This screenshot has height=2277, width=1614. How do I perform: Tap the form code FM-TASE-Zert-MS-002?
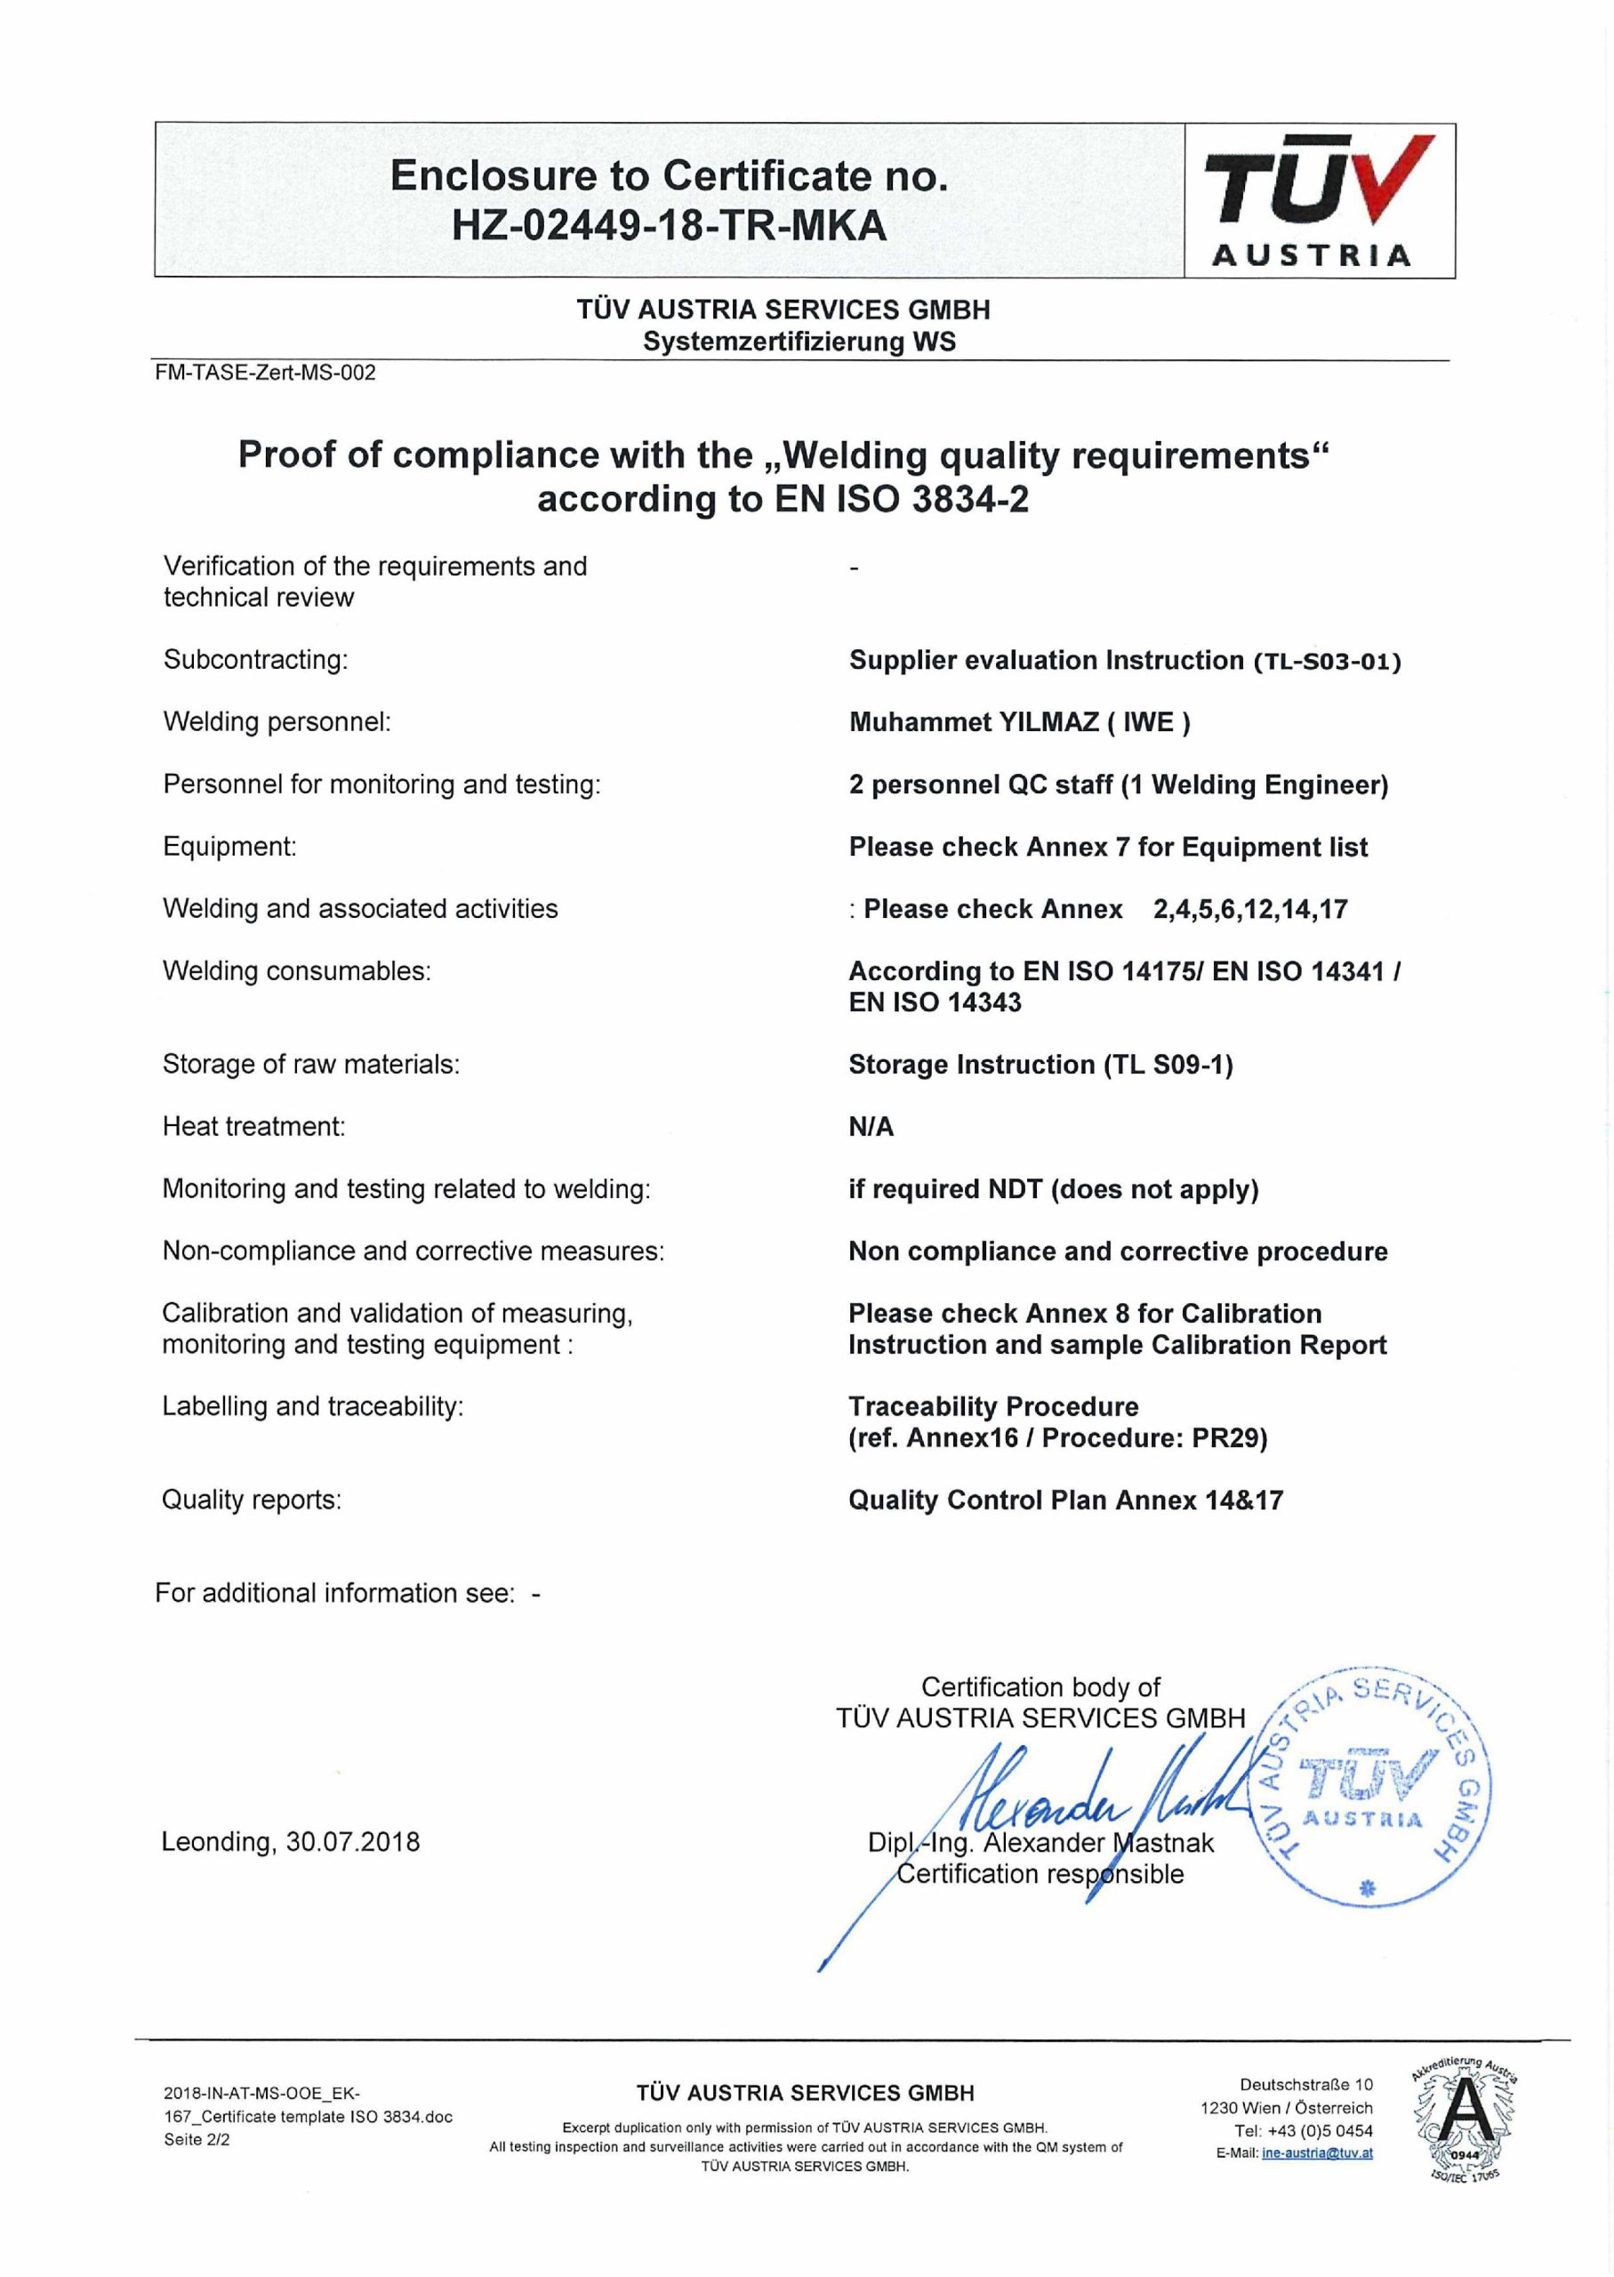[265, 373]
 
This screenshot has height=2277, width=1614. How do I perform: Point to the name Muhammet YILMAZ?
[973, 722]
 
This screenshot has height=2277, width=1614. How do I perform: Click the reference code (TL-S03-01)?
[1327, 662]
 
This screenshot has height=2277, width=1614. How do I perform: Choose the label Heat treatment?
[253, 1126]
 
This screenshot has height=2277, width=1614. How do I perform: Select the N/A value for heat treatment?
[871, 1127]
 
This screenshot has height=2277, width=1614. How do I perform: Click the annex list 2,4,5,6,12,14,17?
[1249, 909]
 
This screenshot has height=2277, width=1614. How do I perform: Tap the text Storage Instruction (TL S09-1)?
[1040, 1065]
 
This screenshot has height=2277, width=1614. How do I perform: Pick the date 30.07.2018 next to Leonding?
[353, 1842]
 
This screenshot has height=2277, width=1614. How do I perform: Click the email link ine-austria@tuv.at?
[1317, 2153]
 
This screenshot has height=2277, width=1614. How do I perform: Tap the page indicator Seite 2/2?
[197, 2140]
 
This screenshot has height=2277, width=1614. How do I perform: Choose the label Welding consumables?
[296, 971]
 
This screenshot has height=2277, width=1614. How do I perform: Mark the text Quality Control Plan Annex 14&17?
[1065, 1500]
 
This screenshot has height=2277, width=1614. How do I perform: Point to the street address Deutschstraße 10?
[1306, 2084]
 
